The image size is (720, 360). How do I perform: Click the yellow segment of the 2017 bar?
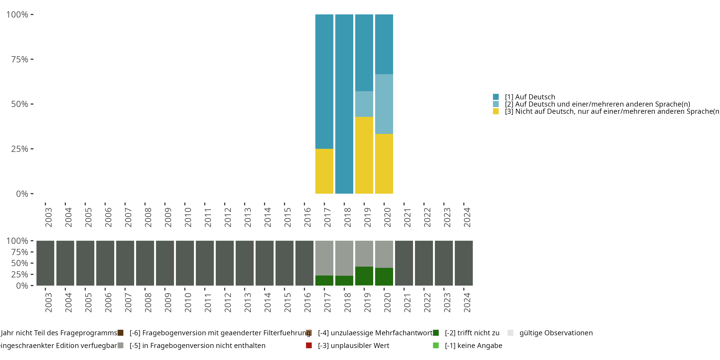(324, 171)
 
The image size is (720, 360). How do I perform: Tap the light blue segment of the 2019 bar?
(364, 104)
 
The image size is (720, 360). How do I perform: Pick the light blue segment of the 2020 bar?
(384, 104)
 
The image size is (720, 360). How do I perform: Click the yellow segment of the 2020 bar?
(384, 164)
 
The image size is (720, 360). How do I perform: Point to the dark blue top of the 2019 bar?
(364, 53)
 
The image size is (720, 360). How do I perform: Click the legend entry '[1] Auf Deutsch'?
(530, 97)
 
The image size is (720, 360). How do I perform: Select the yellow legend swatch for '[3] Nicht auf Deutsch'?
(496, 112)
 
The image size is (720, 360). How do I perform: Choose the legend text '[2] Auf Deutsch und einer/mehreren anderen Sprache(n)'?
(597, 104)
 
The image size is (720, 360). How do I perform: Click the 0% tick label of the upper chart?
(22, 194)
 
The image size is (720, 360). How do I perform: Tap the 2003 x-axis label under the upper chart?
(48, 217)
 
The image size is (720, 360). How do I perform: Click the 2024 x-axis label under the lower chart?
(467, 303)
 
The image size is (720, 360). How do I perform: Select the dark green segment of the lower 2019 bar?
(364, 276)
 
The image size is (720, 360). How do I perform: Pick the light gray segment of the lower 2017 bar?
(324, 258)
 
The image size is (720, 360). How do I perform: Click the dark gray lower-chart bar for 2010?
(185, 263)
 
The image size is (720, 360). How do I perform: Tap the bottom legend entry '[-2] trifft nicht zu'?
(472, 333)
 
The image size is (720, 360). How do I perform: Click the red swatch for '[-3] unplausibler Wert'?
(309, 345)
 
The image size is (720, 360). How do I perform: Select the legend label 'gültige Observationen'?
(556, 333)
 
